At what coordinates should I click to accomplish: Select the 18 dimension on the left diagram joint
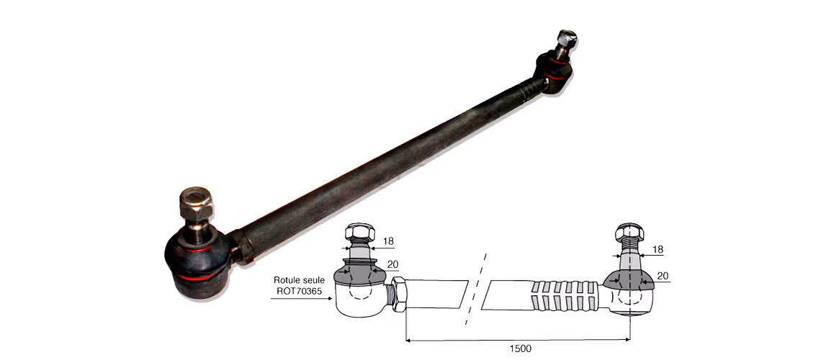click(x=388, y=241)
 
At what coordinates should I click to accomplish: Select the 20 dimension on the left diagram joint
click(x=392, y=265)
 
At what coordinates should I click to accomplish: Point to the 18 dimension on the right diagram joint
click(x=658, y=250)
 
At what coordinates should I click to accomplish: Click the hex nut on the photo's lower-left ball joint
click(x=197, y=202)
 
